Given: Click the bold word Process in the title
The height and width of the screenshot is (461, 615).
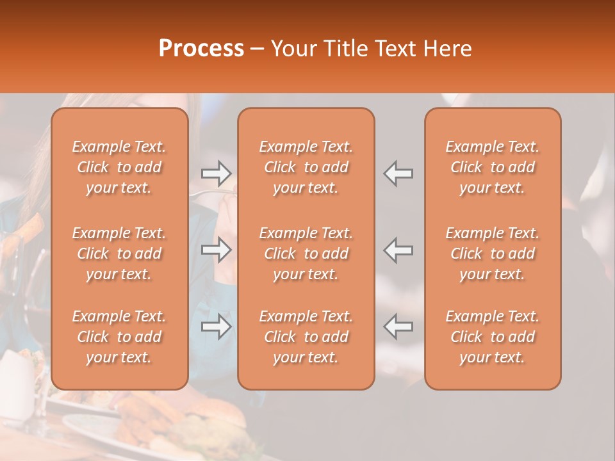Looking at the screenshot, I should point(201,49).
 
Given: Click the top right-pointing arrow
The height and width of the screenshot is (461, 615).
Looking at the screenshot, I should point(217,173).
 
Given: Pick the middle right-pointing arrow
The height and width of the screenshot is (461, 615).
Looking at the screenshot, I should point(217,250).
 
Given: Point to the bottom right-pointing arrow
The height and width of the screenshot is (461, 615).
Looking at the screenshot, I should point(217,327).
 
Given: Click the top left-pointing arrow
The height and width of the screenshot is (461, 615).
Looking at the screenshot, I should point(398,173).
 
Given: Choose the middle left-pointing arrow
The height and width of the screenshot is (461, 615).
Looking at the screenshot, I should point(398,250).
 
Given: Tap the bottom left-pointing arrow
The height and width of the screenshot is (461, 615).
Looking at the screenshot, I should point(398,327).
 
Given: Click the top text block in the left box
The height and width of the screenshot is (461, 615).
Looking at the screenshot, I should point(119,167).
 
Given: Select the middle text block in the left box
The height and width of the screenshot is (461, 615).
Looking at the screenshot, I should point(119,254).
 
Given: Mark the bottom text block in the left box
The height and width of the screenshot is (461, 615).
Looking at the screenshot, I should point(119,337).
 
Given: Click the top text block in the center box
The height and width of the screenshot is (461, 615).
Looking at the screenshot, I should point(306,167).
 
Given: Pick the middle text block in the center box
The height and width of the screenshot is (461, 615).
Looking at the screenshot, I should point(306,254).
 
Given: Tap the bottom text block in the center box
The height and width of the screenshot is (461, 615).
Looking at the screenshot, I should point(306,337).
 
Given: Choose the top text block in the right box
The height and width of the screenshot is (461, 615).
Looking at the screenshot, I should point(492,167).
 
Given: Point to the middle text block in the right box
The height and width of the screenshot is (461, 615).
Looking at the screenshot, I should point(492,254).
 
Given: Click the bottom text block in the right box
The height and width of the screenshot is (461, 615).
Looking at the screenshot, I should point(492,337).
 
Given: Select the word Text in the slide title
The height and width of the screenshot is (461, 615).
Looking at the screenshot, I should point(397,49).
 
